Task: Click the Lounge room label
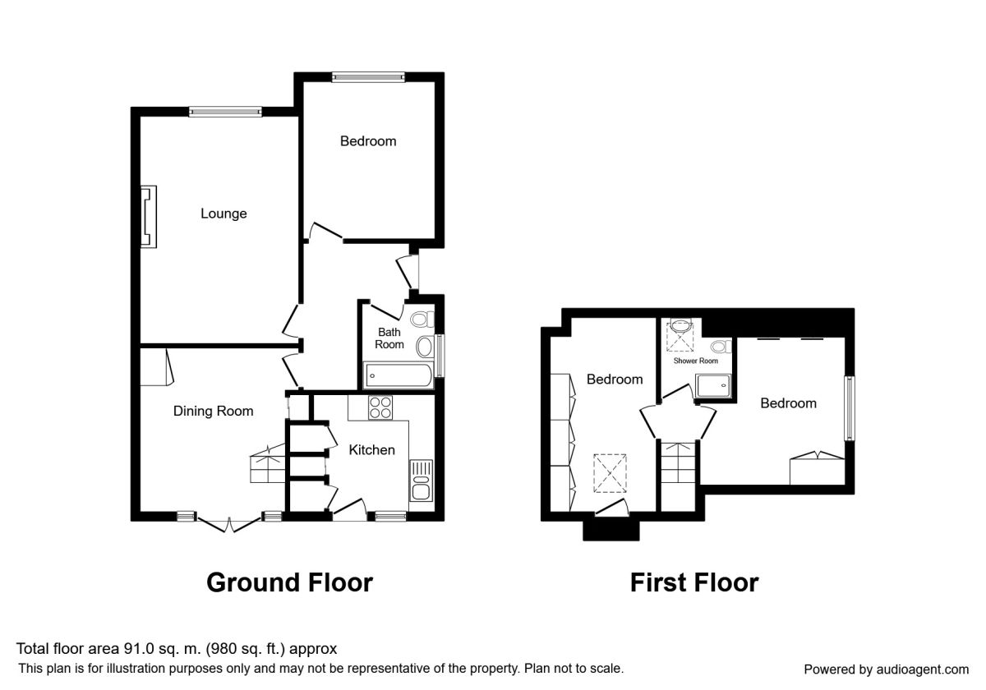(x=223, y=214)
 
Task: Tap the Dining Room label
(x=213, y=411)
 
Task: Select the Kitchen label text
(x=371, y=450)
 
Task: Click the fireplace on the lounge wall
(x=149, y=217)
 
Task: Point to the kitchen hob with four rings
(x=380, y=408)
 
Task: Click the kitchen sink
(x=422, y=481)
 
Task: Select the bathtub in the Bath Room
(x=399, y=376)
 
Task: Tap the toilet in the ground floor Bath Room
(x=422, y=319)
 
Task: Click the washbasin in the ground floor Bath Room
(x=424, y=347)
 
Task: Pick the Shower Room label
(x=695, y=361)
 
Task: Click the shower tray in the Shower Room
(x=713, y=386)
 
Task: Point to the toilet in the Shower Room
(x=721, y=347)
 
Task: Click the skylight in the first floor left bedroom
(x=610, y=473)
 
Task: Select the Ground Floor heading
(x=289, y=582)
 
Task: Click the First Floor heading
(x=694, y=582)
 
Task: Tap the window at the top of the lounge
(x=225, y=112)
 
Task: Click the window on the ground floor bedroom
(x=368, y=77)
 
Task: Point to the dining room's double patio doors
(x=229, y=525)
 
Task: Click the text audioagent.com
(x=922, y=669)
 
